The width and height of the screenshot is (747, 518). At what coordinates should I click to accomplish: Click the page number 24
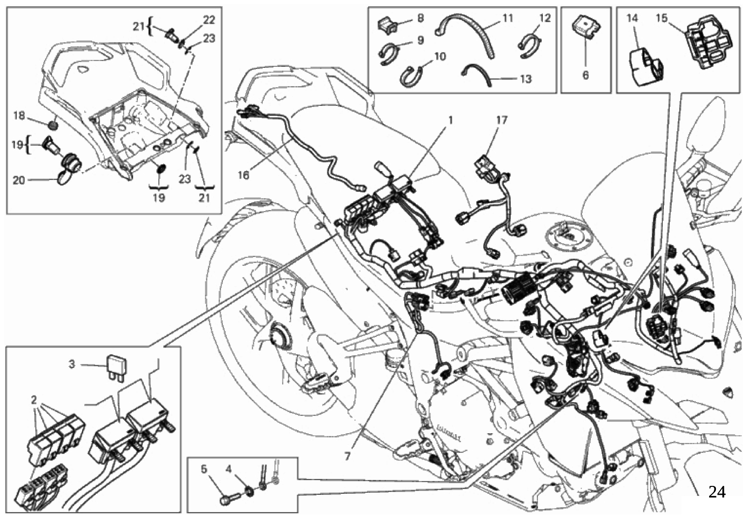pyautogui.click(x=716, y=492)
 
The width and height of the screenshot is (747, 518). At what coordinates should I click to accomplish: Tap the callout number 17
pyautogui.click(x=502, y=121)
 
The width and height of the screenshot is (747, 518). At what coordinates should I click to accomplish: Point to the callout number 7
pyautogui.click(x=347, y=456)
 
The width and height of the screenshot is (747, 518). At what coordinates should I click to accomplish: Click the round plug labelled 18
pyautogui.click(x=53, y=126)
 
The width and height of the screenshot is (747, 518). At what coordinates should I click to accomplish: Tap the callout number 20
pyautogui.click(x=18, y=180)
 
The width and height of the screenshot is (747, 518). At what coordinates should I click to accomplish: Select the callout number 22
pyautogui.click(x=209, y=20)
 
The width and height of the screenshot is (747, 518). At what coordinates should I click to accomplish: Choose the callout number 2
pyautogui.click(x=34, y=400)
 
